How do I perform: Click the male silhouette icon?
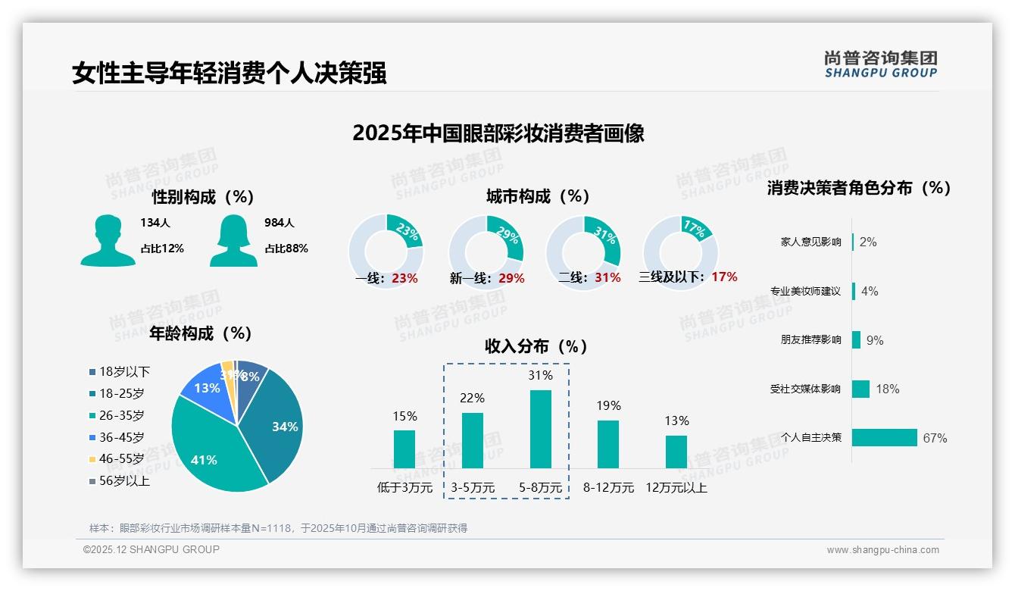click(108, 240)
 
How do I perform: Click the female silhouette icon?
click(233, 240)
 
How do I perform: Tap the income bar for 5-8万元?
click(540, 429)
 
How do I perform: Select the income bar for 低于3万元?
click(404, 449)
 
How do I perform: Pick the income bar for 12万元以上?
click(676, 452)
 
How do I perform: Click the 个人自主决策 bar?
click(884, 437)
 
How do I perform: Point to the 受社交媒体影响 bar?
click(860, 389)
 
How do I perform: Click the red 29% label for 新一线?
click(511, 278)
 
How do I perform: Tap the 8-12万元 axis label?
click(608, 488)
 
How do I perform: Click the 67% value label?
click(935, 438)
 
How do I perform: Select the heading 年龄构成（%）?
click(201, 333)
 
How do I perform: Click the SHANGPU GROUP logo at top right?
click(880, 64)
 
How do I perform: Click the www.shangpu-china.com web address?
click(882, 550)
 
